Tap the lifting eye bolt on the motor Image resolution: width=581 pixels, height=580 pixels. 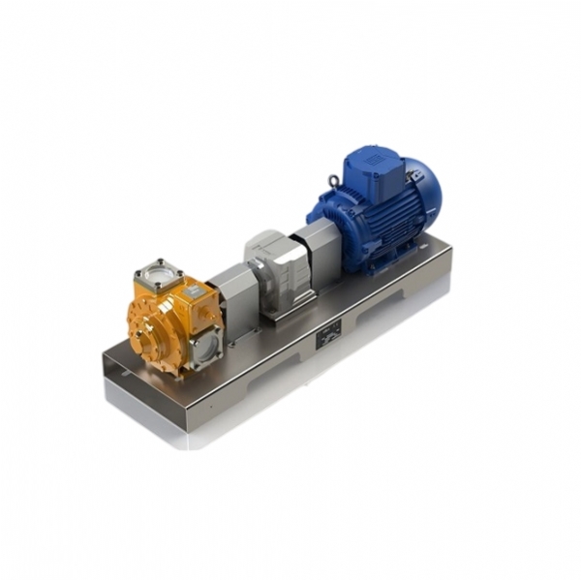pos(333,181)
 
